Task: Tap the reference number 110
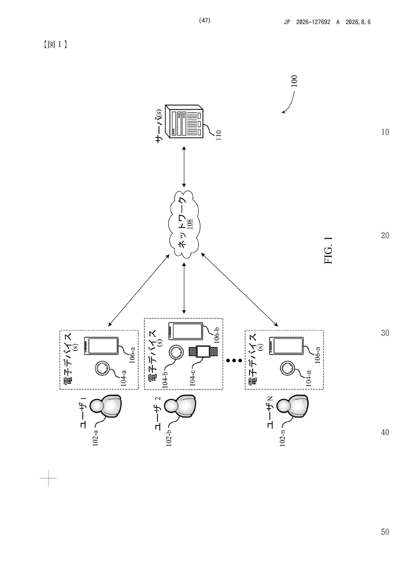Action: [219, 135]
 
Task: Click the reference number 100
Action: [294, 81]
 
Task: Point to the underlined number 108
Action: [190, 224]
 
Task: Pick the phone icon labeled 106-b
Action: [186, 331]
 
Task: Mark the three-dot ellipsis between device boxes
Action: [234, 360]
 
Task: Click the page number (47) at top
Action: [205, 21]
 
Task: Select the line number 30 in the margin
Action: [385, 333]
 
